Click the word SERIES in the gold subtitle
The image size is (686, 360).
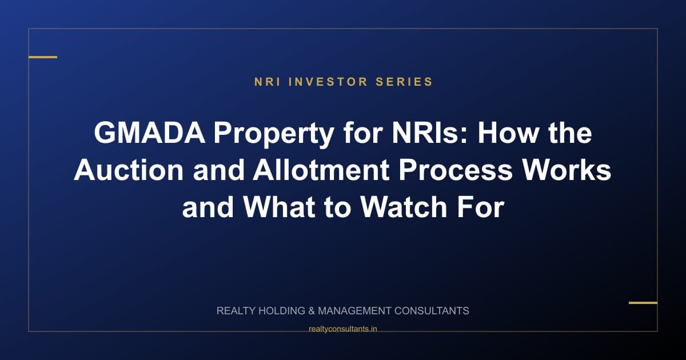coord(404,82)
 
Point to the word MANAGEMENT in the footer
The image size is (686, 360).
coord(354,311)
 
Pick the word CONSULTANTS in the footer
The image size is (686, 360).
coord(432,311)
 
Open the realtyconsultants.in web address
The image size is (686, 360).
coord(342,329)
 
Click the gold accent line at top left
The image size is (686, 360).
coord(43,57)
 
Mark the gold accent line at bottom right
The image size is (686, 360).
coord(643,302)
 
